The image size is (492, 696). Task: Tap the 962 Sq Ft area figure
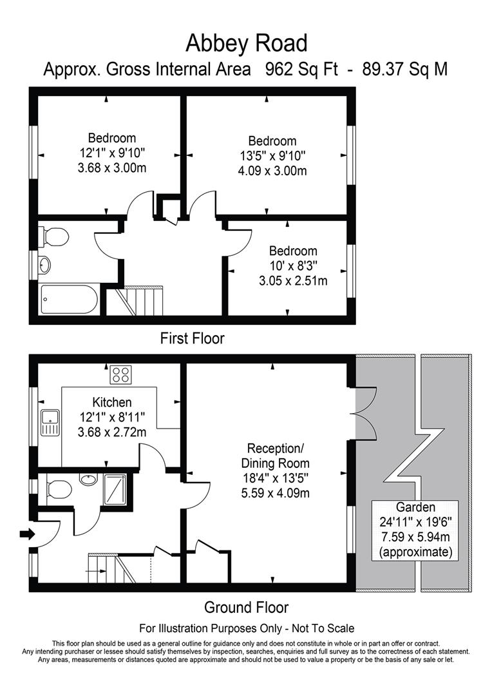click(301, 69)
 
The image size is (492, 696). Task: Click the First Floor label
click(192, 338)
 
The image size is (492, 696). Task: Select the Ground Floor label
click(246, 607)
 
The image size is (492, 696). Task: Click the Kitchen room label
click(112, 402)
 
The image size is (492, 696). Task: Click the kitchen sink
click(50, 423)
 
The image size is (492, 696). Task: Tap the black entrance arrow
click(28, 534)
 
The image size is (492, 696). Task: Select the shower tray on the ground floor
click(115, 490)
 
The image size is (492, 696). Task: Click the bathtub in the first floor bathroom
click(69, 299)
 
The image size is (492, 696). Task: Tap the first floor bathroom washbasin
click(44, 265)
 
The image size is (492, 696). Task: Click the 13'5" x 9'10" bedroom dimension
click(272, 156)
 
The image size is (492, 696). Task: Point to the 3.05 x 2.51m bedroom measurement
click(293, 281)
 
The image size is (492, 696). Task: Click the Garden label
click(415, 507)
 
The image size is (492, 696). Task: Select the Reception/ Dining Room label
click(275, 456)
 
